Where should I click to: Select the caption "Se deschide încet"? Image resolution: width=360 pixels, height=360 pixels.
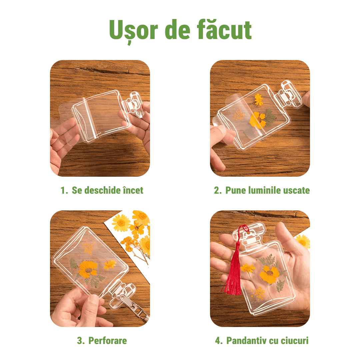[107, 190]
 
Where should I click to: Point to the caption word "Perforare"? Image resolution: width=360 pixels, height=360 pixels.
[107, 340]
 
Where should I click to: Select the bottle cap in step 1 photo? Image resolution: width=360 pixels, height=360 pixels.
[134, 105]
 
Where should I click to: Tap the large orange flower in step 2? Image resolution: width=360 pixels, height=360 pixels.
[258, 120]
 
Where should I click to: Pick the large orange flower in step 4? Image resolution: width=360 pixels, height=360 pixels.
[270, 274]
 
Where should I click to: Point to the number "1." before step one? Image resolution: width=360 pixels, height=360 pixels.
[64, 190]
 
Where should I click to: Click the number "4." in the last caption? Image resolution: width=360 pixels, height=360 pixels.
[219, 340]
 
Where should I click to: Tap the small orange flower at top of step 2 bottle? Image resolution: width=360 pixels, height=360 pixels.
[259, 100]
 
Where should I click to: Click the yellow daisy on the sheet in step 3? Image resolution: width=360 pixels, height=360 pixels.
[121, 222]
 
